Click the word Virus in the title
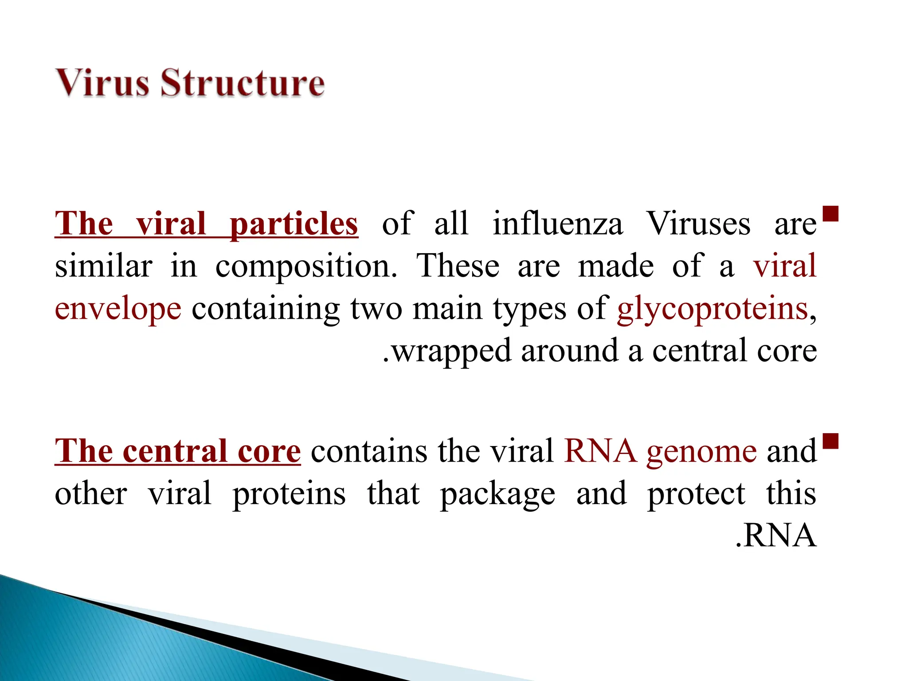click(x=102, y=83)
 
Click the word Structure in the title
click(x=242, y=83)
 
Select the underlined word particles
click(x=294, y=225)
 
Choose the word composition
click(x=306, y=267)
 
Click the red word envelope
click(x=118, y=309)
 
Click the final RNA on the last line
click(x=779, y=536)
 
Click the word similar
click(x=104, y=266)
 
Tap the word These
click(x=458, y=266)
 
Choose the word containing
click(x=266, y=309)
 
